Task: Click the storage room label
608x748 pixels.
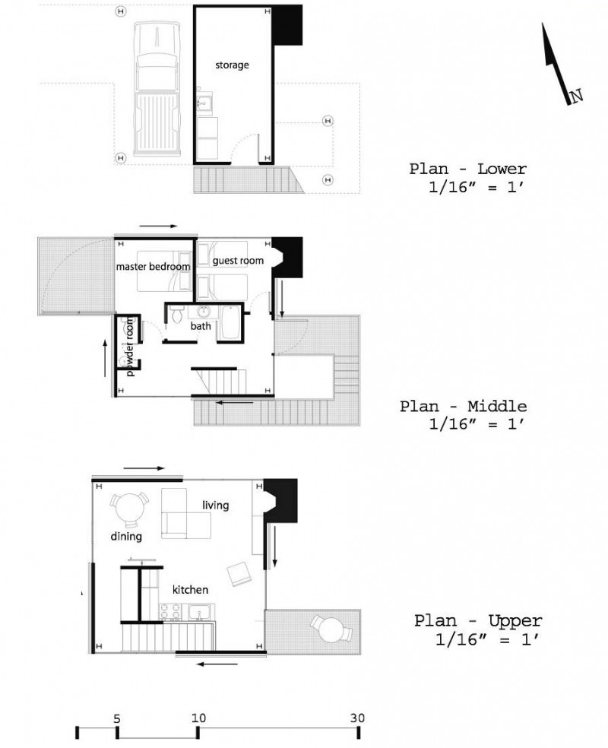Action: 232,65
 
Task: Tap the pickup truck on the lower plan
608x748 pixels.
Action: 158,89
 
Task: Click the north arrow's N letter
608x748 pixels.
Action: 577,96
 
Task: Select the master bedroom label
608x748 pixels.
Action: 153,266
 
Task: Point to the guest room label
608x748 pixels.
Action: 238,261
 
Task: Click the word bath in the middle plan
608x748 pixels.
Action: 201,326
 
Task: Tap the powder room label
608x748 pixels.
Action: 130,347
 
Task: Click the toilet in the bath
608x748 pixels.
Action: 177,312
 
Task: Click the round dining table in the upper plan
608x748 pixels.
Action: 129,509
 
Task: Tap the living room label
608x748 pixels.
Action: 216,506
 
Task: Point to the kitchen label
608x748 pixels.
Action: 190,590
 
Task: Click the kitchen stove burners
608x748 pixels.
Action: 171,613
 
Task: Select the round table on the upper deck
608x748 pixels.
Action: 331,629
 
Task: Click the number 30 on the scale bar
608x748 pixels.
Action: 357,718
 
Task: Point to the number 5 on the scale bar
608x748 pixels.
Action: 117,718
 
